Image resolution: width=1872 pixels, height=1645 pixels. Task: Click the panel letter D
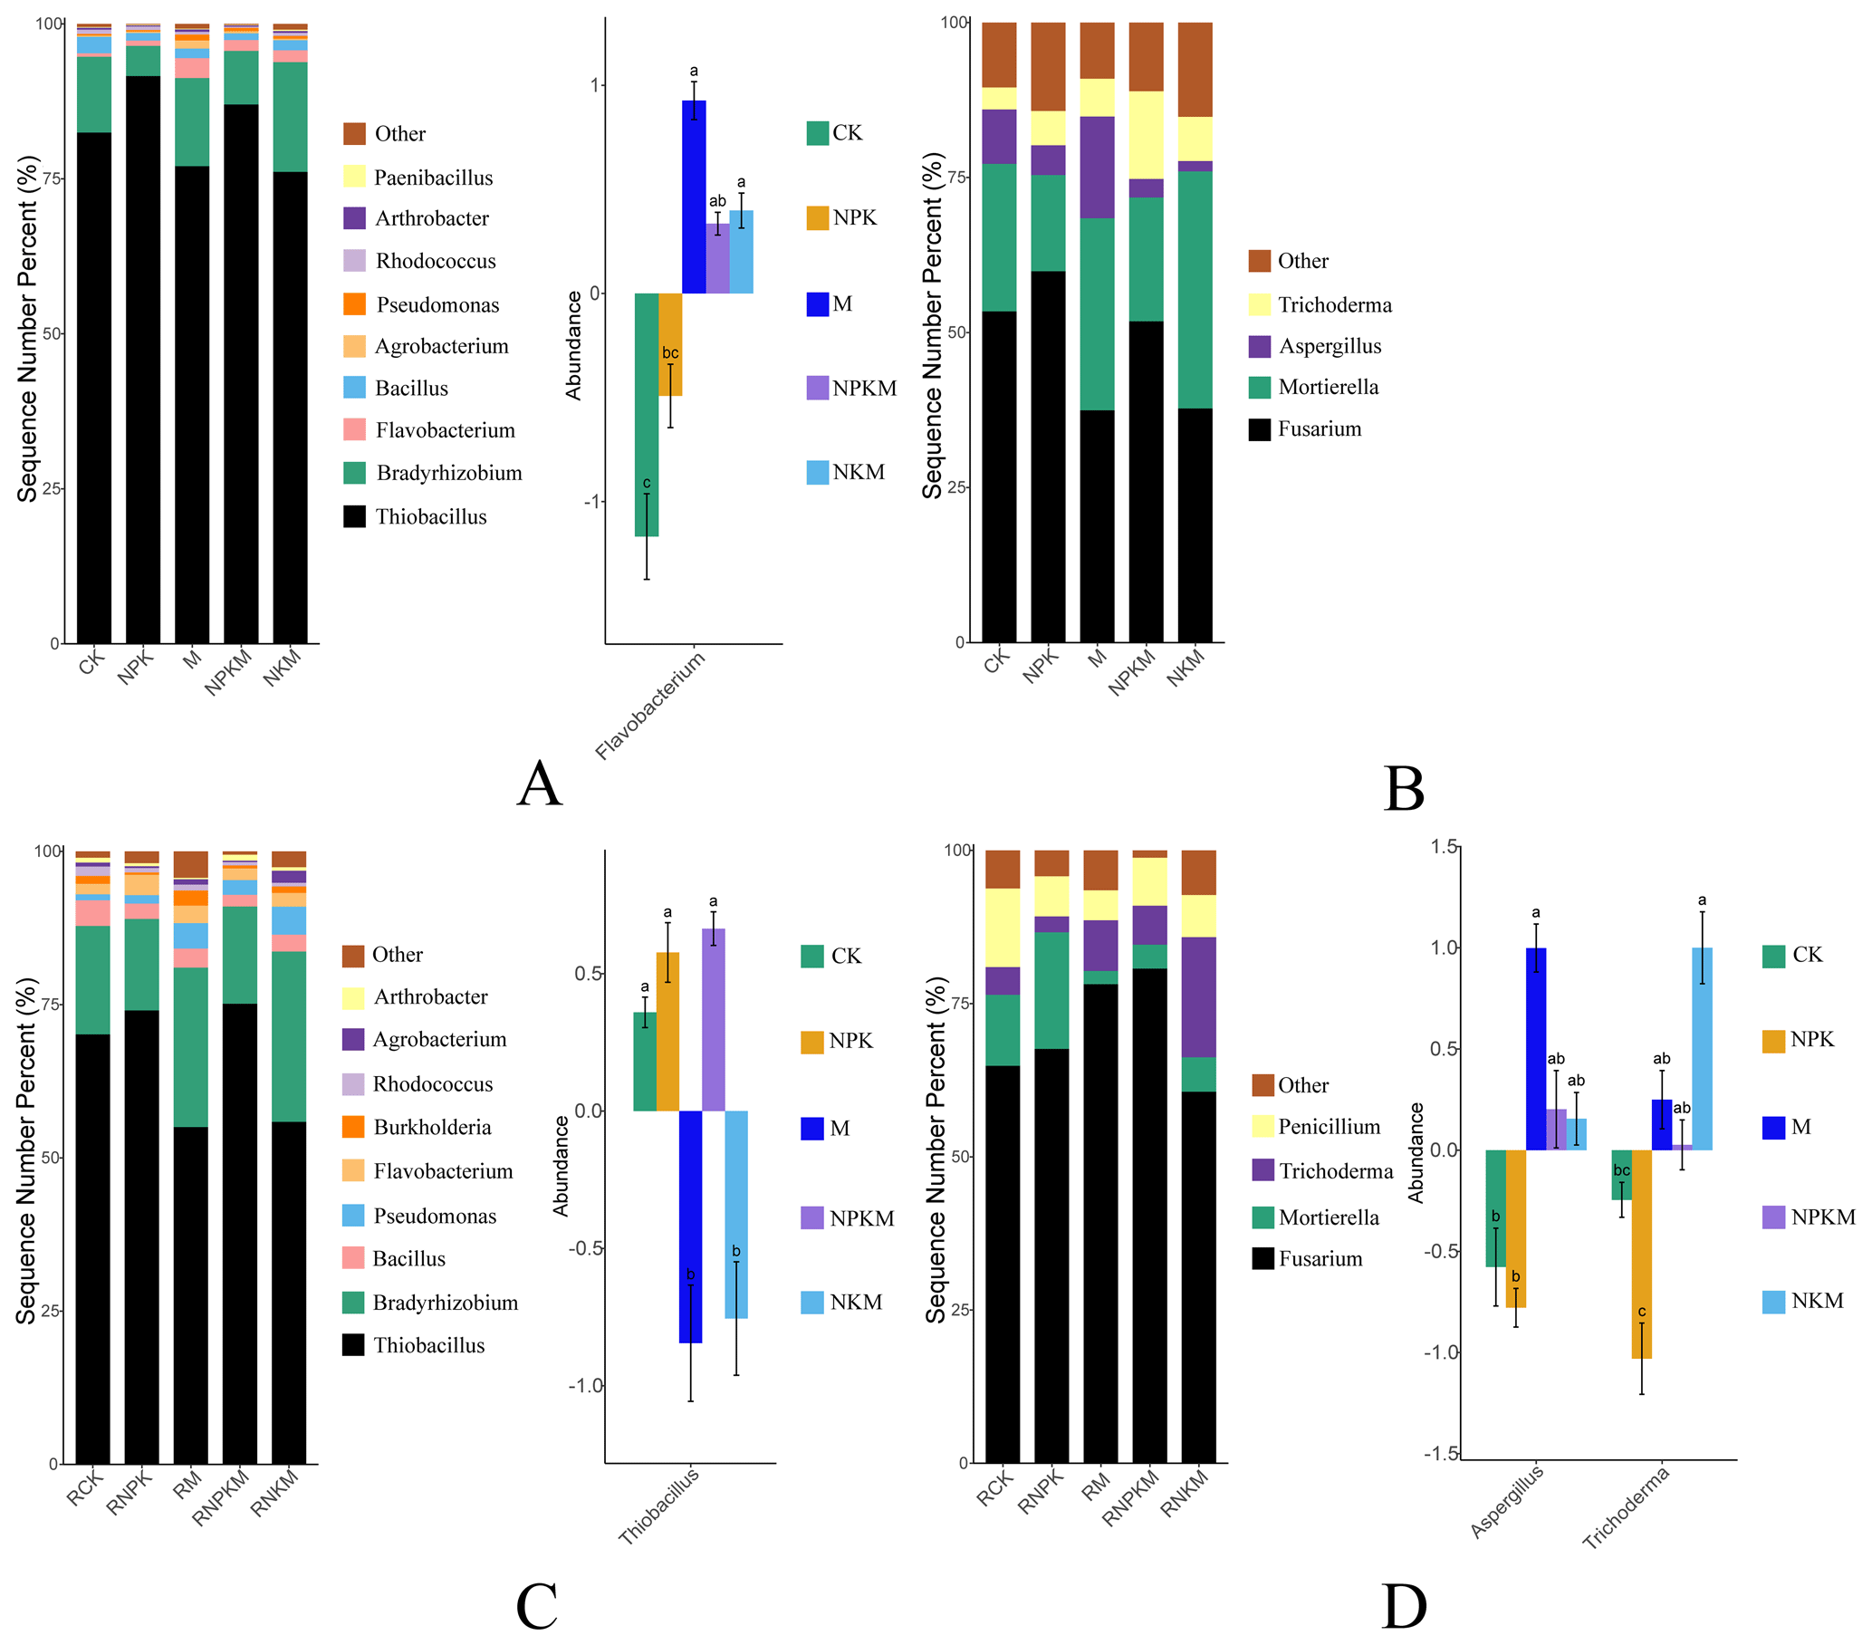coord(1403,1607)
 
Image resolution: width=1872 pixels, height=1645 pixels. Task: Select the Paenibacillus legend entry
coord(432,178)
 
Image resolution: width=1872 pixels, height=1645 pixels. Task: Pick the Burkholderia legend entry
coord(431,1128)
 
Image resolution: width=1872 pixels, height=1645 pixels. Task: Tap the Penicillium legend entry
coord(1328,1127)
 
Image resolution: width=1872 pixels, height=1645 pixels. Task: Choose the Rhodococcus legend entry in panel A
coord(435,261)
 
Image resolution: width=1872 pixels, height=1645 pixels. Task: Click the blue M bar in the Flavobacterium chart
coord(694,197)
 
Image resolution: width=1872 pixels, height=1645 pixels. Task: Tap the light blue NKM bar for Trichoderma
coord(1702,1049)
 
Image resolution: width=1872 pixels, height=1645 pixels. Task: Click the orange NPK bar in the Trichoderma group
coord(1641,1254)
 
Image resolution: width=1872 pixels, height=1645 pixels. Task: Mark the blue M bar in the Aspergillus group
coord(1536,1049)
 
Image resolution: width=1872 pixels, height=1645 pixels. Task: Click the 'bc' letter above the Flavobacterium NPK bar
coord(670,353)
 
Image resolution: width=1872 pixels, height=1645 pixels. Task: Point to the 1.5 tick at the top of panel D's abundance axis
coord(1445,847)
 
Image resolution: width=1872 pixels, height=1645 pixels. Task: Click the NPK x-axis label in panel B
coord(1041,666)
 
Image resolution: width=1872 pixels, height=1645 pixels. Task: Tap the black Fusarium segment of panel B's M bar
coord(1096,525)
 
